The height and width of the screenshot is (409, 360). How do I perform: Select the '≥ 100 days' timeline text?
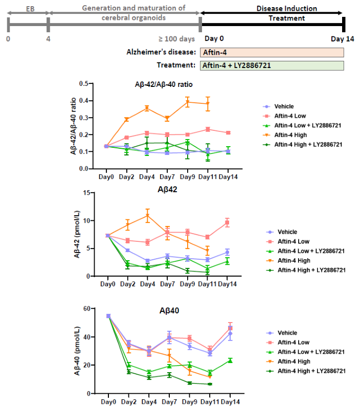tap(178, 38)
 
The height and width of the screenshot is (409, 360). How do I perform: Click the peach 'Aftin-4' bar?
tap(272, 52)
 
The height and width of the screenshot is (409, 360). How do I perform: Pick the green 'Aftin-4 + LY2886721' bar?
tap(272, 65)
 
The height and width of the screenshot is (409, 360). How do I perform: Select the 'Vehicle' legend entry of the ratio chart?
tap(284, 106)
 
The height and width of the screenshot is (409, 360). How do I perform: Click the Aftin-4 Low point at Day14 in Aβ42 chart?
tap(228, 222)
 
